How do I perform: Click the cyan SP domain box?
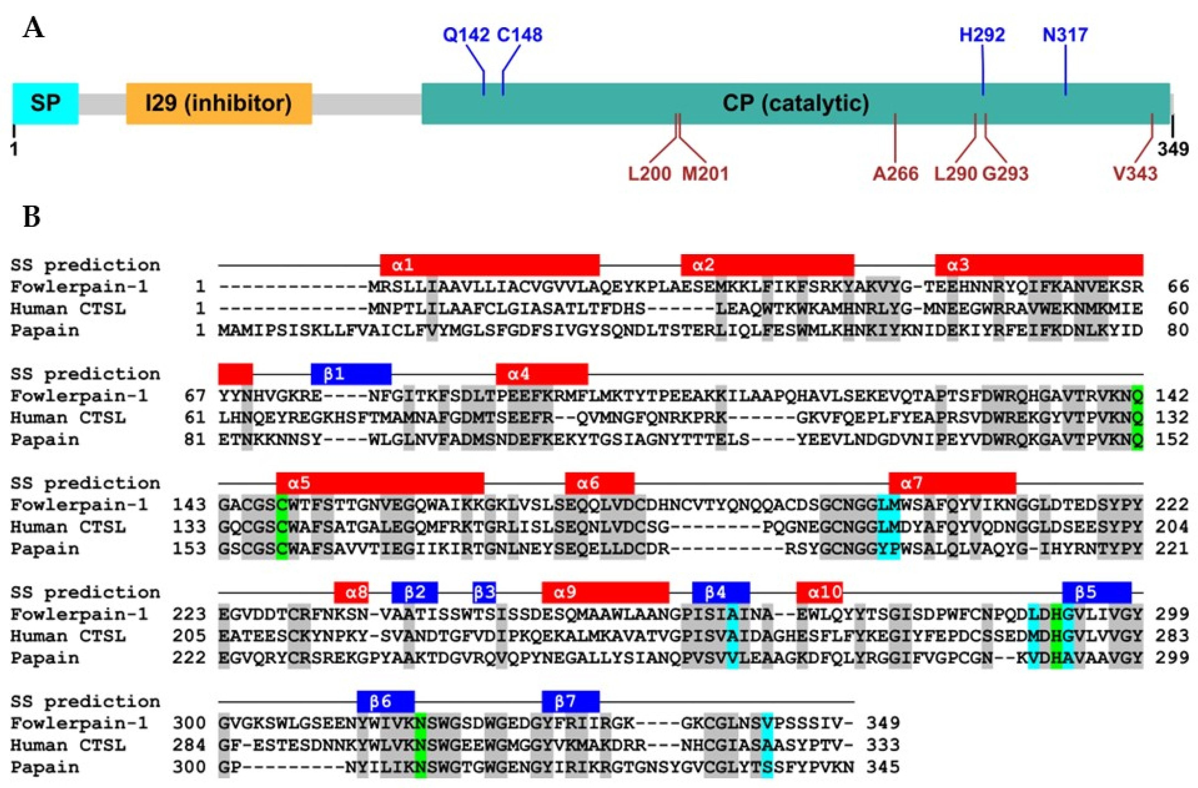point(45,103)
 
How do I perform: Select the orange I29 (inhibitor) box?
point(219,103)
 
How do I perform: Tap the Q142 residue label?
point(466,35)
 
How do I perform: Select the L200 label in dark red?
point(649,174)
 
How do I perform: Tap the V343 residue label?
point(1135,174)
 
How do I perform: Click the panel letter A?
point(34,29)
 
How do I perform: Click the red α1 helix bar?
point(489,265)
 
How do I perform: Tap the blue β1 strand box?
point(351,374)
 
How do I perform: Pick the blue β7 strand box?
point(570,701)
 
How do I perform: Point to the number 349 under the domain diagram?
point(1173,149)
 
